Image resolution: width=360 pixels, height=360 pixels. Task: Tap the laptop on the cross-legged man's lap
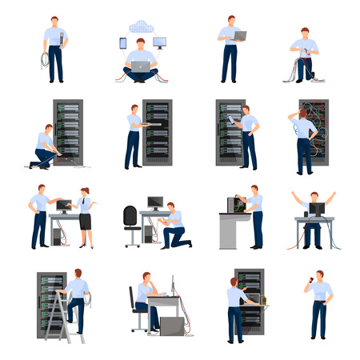[140, 67]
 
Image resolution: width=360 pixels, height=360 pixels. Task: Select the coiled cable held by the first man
[45, 60]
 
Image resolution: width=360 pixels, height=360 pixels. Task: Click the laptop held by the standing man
[238, 36]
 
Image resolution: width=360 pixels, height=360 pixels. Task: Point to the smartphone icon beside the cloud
[122, 43]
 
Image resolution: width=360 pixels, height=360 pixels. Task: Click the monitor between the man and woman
[62, 206]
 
